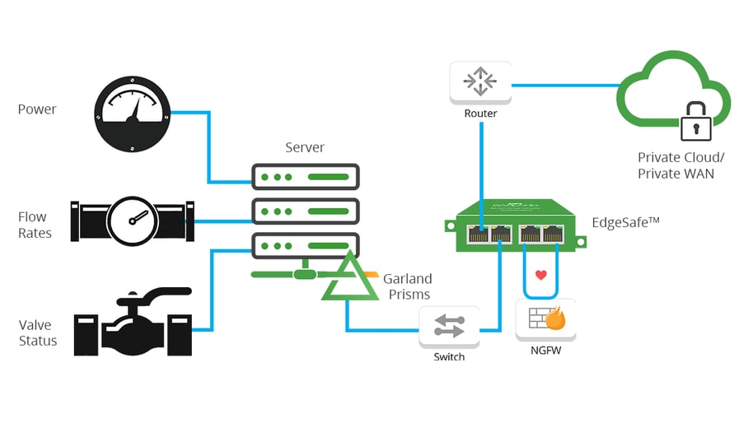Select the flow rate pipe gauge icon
pos(132,220)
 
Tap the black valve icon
pos(133,323)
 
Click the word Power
pos(37,109)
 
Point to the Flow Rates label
pos(35,225)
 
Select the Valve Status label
pos(38,333)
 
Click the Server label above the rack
pos(305,148)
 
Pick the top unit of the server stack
pos(305,176)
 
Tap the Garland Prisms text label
pos(407,286)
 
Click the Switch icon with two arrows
pos(449,327)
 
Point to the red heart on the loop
pos(541,275)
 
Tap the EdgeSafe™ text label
pos(626,222)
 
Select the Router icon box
pos(479,81)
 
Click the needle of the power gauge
pos(135,109)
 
